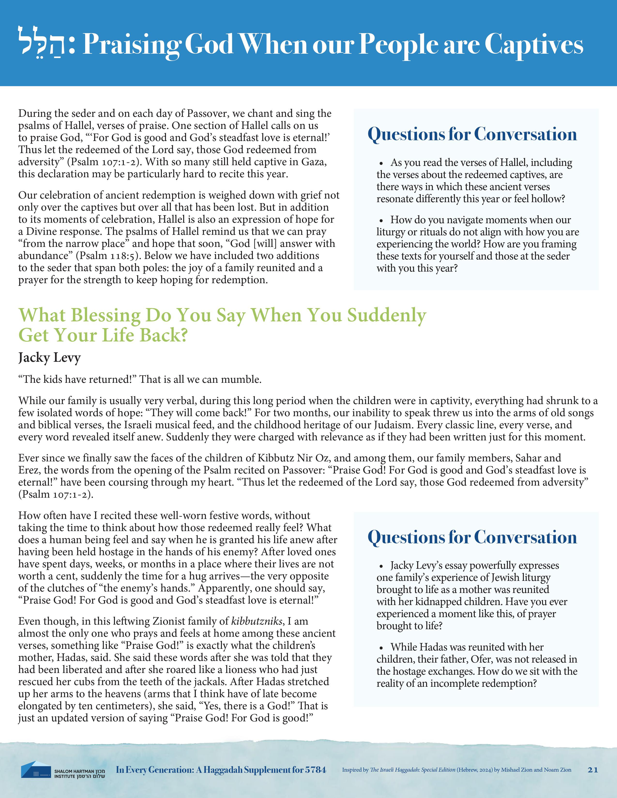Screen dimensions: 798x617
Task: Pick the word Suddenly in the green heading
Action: [386, 315]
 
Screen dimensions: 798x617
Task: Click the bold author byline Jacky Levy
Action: [49, 358]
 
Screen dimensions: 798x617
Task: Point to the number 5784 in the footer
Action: [315, 770]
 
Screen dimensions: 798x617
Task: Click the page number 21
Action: [593, 770]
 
